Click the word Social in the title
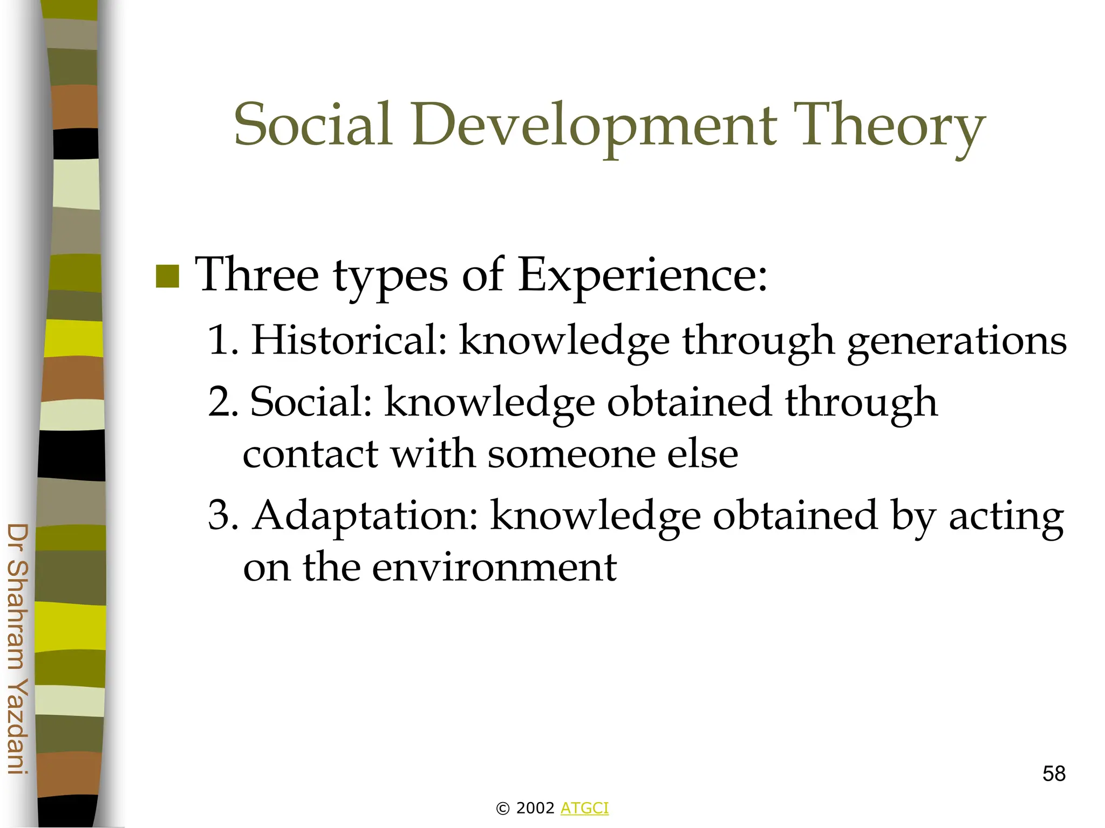(313, 125)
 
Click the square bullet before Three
(167, 277)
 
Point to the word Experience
(642, 276)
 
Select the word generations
(957, 342)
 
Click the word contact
(310, 454)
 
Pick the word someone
(570, 454)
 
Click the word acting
(1006, 517)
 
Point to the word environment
(494, 568)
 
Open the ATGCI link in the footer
(584, 808)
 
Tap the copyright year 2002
(535, 808)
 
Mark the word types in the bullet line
(390, 277)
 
